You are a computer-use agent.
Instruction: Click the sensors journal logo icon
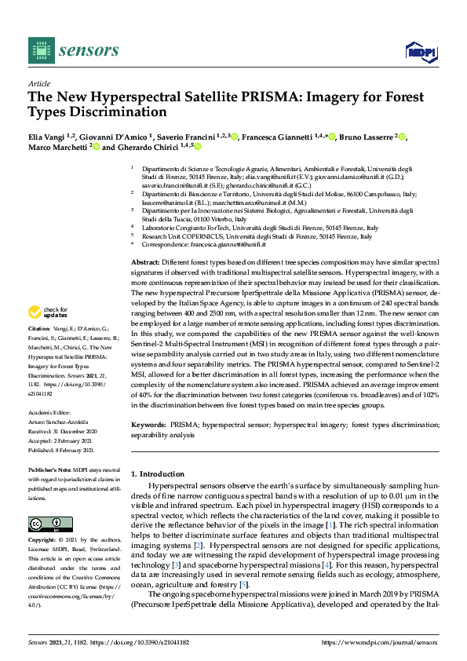40,50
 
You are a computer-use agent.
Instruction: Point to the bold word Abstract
144,261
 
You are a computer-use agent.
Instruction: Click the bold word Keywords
148,424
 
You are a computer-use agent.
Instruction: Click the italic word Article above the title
38,82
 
